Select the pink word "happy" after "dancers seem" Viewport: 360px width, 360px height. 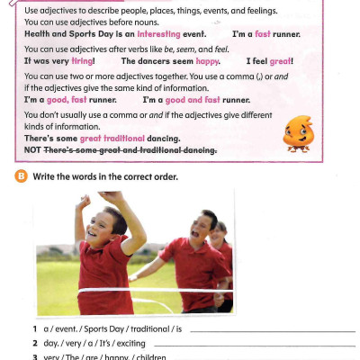click(x=208, y=61)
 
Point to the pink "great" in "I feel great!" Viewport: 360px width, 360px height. click(x=278, y=61)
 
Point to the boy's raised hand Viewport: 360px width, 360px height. click(x=112, y=196)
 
